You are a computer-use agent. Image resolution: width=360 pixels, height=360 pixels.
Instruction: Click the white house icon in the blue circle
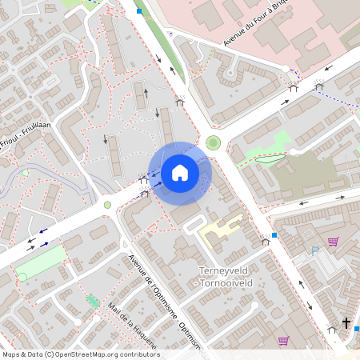coord(180,172)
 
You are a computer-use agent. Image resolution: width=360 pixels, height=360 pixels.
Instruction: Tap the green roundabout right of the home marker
coord(213,143)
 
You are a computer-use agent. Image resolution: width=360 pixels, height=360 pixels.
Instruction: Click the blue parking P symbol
coord(314,251)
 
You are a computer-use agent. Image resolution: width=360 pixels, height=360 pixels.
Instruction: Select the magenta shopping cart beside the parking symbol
coord(333,242)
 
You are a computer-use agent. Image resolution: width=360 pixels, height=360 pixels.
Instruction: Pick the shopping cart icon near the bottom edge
coord(282,340)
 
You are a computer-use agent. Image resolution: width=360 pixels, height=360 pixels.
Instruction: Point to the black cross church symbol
coord(346,322)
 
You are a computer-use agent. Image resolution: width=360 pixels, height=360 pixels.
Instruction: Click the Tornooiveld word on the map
coord(224,282)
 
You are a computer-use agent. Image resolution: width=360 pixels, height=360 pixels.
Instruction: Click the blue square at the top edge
coord(139,11)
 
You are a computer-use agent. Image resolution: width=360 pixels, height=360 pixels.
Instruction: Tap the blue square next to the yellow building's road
coord(274,235)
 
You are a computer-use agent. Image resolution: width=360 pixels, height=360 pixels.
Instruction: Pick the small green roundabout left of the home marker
coord(107,205)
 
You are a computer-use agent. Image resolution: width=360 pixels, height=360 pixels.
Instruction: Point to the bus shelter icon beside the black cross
coord(332,328)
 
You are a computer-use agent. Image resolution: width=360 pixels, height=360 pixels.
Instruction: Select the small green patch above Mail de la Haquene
coord(90,301)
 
